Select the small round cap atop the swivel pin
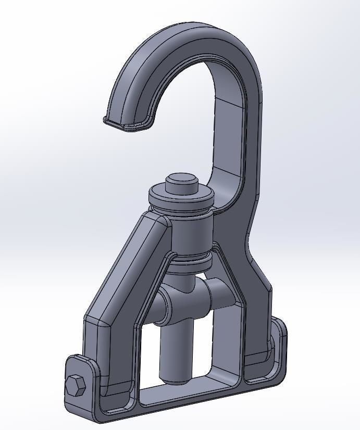tap(182, 183)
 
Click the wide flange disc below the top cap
tap(181, 198)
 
